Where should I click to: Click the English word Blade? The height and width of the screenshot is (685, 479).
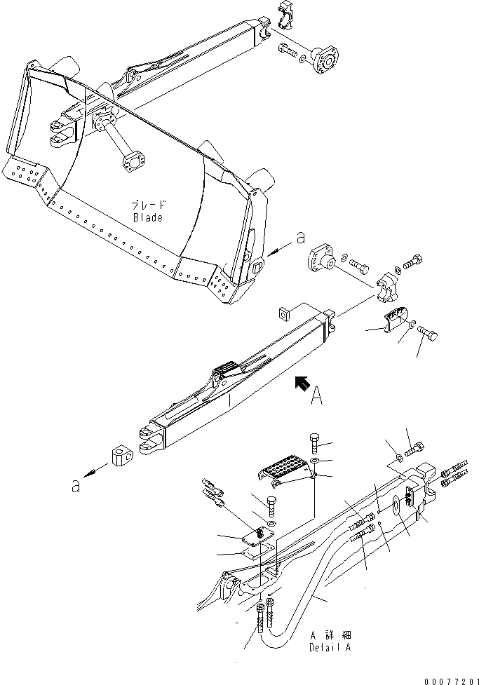147,217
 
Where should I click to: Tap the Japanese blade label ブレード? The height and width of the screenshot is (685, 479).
149,206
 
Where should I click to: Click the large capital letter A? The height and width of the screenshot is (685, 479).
317,398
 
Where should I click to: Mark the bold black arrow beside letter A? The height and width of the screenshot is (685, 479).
302,382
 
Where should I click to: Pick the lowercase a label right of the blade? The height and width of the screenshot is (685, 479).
301,238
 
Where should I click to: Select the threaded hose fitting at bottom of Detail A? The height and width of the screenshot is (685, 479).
262,617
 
